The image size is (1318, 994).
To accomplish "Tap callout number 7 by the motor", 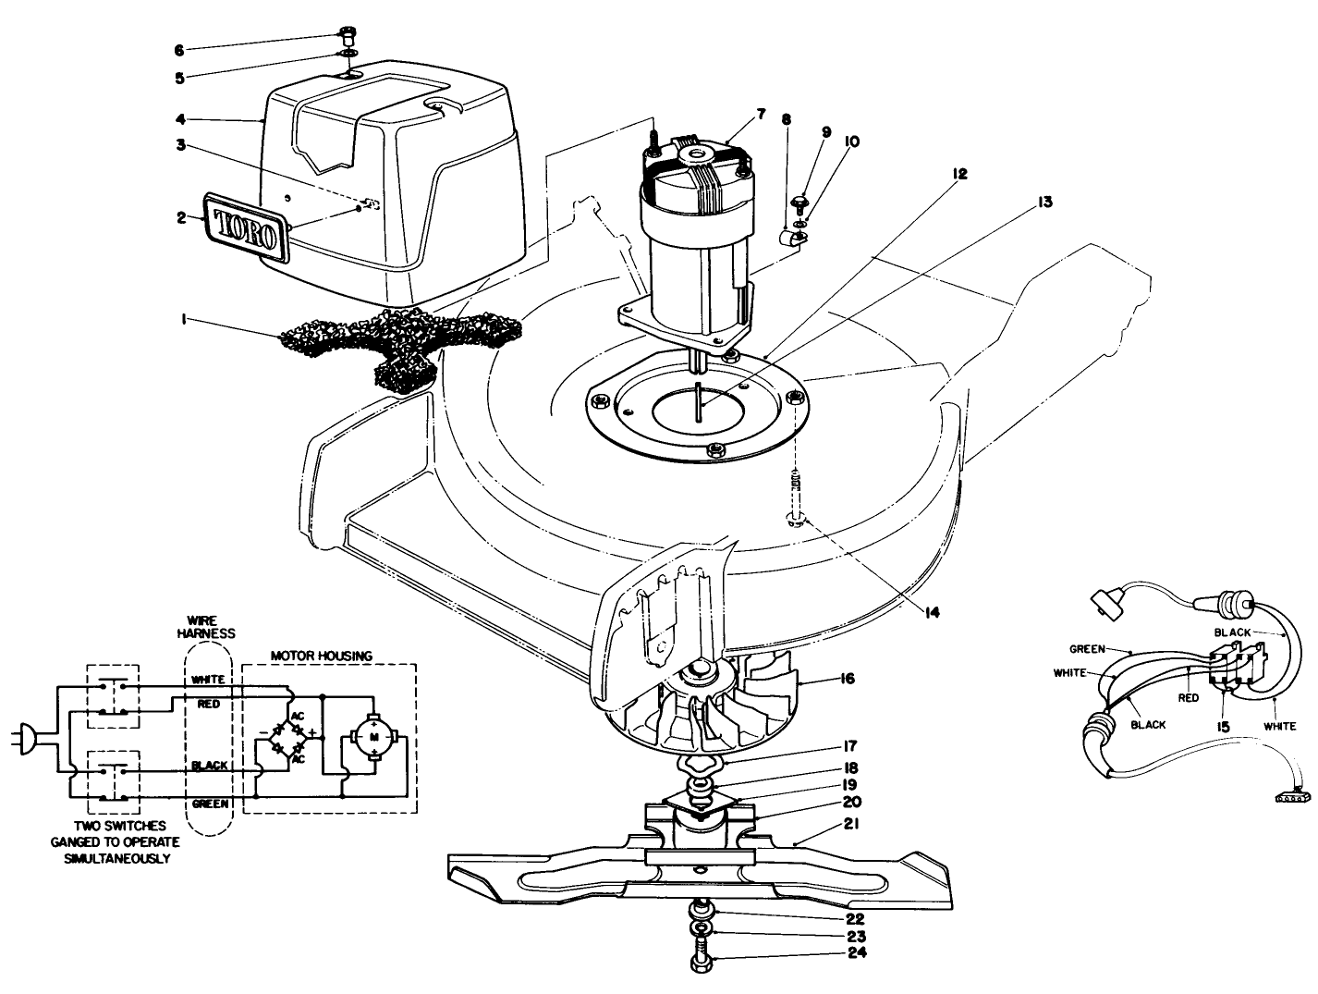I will (x=761, y=114).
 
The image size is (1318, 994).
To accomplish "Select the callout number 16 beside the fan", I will (x=847, y=680).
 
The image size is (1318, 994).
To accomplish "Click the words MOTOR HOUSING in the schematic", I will (x=321, y=656).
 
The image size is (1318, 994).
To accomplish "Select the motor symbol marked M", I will (x=373, y=736).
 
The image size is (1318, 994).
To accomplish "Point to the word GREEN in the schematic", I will (x=211, y=804).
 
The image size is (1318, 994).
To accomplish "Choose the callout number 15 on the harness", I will (x=1224, y=728).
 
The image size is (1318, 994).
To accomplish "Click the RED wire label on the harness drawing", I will (x=1189, y=698).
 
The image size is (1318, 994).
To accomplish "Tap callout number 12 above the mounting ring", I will (x=959, y=174).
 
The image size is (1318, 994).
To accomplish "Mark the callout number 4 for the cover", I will (x=181, y=118).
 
